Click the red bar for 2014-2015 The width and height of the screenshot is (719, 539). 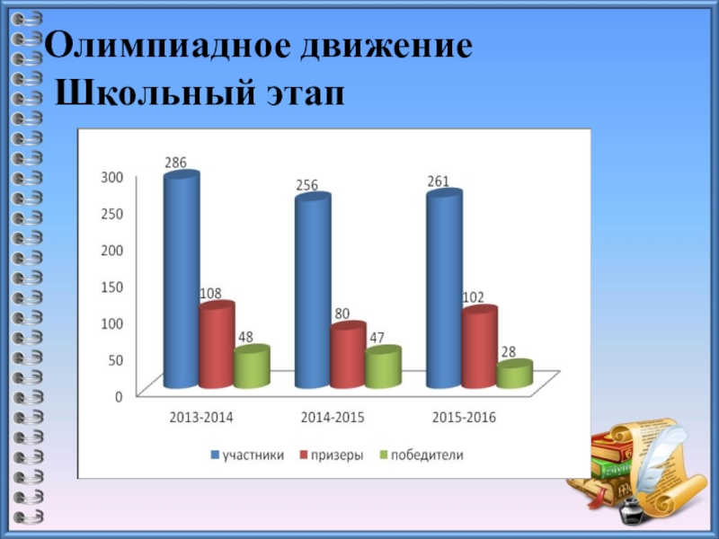347,356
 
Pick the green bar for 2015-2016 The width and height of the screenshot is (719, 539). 513,376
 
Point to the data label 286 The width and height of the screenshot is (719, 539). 175,163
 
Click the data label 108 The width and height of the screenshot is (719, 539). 210,293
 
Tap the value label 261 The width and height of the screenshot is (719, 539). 439,181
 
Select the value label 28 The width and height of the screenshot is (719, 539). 509,352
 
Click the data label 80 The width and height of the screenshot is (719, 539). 342,314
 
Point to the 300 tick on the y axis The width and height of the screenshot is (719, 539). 111,178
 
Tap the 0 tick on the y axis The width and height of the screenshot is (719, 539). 119,396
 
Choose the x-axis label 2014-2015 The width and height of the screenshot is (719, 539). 332,418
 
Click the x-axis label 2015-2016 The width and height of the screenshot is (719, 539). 464,418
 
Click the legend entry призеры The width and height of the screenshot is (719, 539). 337,455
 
